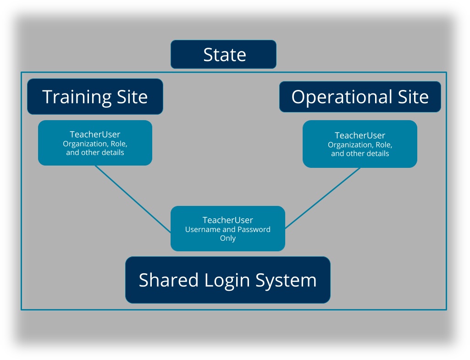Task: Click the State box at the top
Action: pyautogui.click(x=223, y=55)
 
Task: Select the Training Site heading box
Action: pyautogui.click(x=95, y=97)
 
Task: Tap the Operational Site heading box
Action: pyautogui.click(x=360, y=97)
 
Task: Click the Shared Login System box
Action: pyautogui.click(x=227, y=280)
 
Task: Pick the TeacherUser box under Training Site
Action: pyautogui.click(x=95, y=143)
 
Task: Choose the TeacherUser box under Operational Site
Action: pyautogui.click(x=360, y=144)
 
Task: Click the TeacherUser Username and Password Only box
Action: pyautogui.click(x=227, y=228)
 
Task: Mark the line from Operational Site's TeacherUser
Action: pyautogui.click(x=323, y=198)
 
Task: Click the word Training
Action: pyautogui.click(x=74, y=97)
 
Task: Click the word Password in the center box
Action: pyautogui.click(x=254, y=229)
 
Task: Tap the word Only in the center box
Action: pyautogui.click(x=227, y=238)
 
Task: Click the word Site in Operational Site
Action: pyautogui.click(x=413, y=97)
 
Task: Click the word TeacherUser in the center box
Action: pyautogui.click(x=227, y=220)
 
